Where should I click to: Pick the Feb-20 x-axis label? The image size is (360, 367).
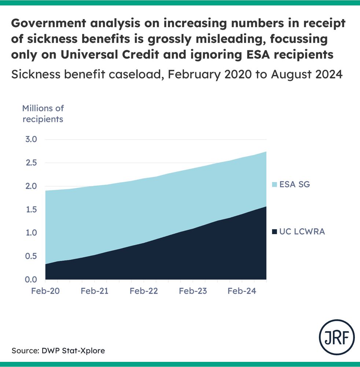pyautogui.click(x=45, y=291)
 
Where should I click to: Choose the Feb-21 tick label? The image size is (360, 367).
pyautogui.click(x=95, y=291)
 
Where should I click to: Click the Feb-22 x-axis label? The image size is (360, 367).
pyautogui.click(x=144, y=291)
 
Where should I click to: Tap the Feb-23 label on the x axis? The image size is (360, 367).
pyautogui.click(x=193, y=291)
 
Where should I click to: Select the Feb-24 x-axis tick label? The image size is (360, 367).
pyautogui.click(x=242, y=291)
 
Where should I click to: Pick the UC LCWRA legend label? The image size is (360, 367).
pyautogui.click(x=302, y=232)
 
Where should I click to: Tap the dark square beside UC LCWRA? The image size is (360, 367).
pyautogui.click(x=274, y=232)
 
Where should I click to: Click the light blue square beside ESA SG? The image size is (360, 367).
pyautogui.click(x=274, y=185)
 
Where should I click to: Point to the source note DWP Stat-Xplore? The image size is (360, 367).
pyautogui.click(x=58, y=350)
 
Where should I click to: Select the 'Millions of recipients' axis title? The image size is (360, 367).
pyautogui.click(x=43, y=114)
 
